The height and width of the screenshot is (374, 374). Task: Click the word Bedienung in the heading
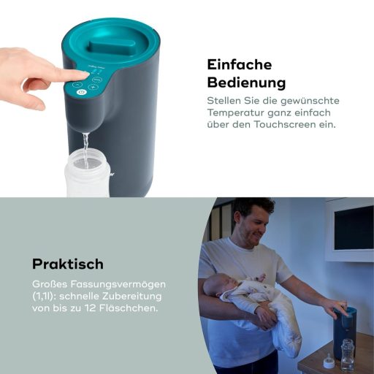(x=246, y=82)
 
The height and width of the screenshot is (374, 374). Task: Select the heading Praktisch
(x=68, y=263)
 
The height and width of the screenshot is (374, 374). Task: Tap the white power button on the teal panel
(x=82, y=92)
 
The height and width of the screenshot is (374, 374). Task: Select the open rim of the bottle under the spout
(x=86, y=155)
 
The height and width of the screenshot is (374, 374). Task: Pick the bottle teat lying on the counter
(x=329, y=360)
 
